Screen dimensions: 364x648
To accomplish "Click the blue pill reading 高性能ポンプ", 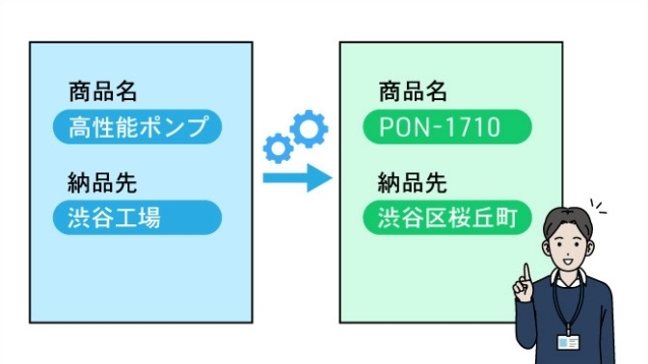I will pos(137,127).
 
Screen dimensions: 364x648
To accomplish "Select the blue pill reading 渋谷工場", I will pos(137,218).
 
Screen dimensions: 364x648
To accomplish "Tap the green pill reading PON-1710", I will pos(448,127).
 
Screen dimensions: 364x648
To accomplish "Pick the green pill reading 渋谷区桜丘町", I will pos(448,218).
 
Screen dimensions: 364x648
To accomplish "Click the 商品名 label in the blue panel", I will pos(102,92).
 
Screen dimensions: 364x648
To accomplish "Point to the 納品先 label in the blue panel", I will pos(102,183).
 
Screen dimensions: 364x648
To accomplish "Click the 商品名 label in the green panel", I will pos(413,92).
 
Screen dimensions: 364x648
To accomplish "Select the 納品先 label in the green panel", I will pos(413,183).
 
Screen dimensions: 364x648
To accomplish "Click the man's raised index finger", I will pos(525,272).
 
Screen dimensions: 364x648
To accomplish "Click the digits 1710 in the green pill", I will pos(474,127).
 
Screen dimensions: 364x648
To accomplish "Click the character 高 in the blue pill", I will pos(79,127).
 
